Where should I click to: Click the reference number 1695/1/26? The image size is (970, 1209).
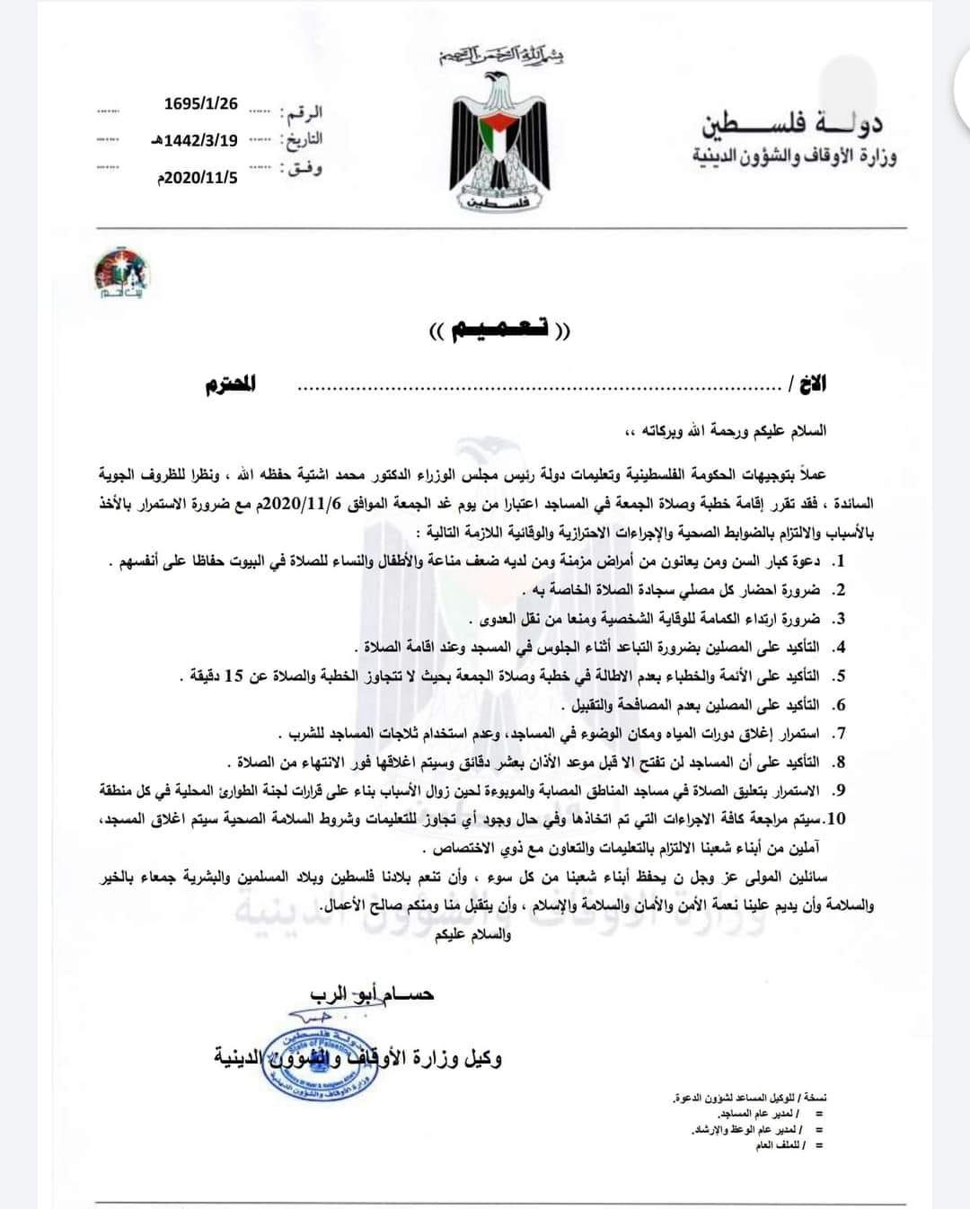[201, 103]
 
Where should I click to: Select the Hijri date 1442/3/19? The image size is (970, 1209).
[195, 140]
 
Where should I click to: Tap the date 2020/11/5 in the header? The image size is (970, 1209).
[198, 177]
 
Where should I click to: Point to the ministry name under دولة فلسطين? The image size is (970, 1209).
[794, 156]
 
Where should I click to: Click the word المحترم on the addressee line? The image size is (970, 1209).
[231, 384]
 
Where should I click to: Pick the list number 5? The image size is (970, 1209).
[839, 676]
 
